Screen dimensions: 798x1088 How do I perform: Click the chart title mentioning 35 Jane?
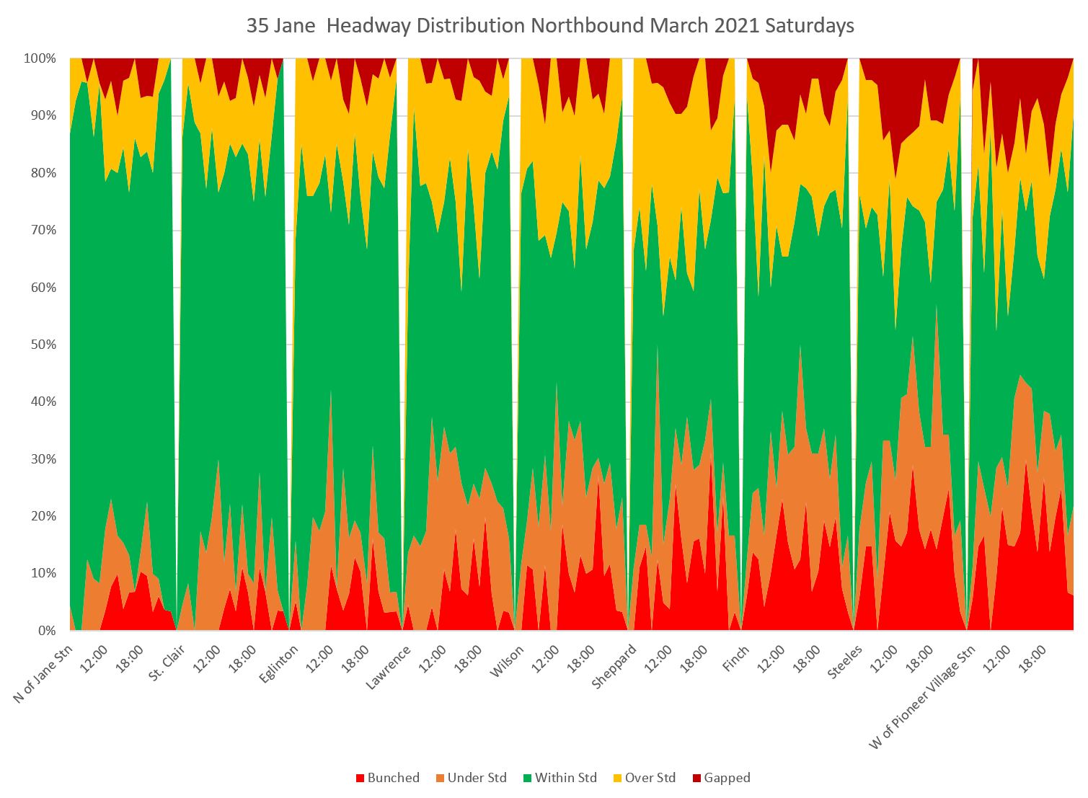pos(550,26)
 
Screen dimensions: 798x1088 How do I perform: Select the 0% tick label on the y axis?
pos(45,631)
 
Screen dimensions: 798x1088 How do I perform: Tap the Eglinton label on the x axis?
pos(277,664)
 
